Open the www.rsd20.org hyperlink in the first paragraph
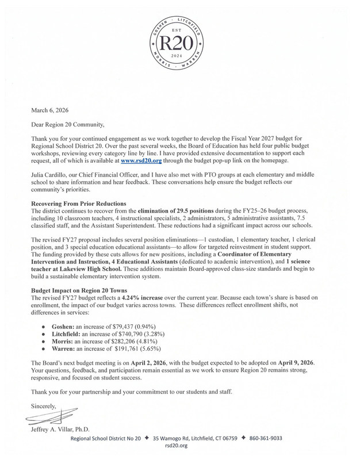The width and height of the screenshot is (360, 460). click(x=140, y=162)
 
